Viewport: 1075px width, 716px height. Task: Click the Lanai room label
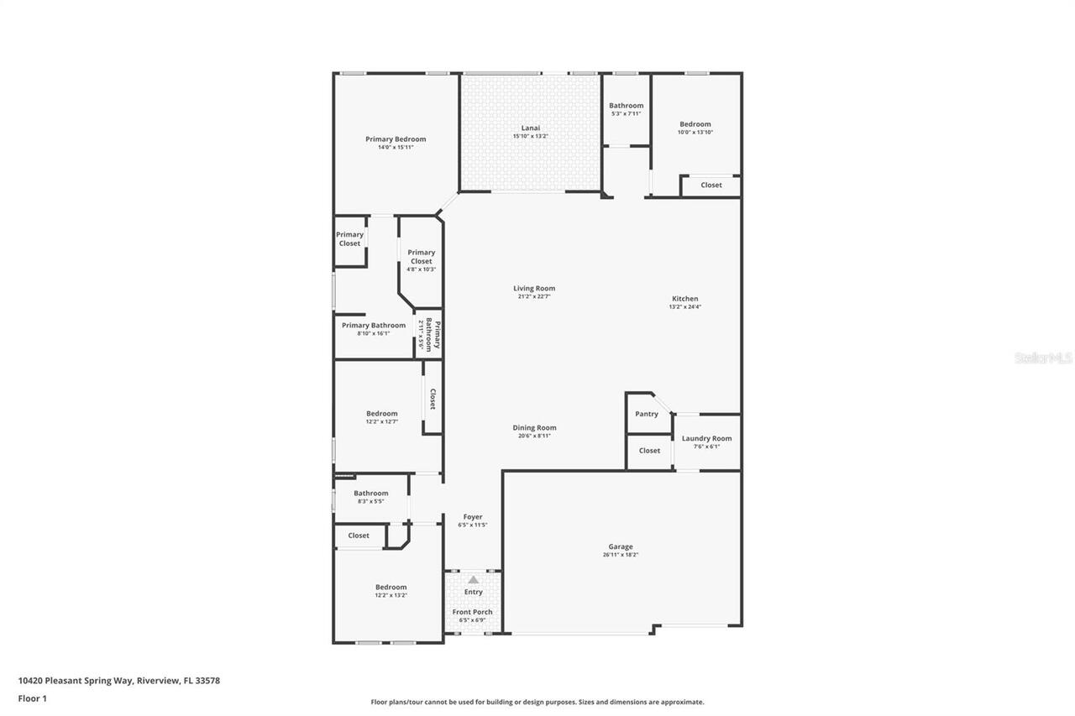[530, 128]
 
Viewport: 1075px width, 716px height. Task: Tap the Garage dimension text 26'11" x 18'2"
[621, 555]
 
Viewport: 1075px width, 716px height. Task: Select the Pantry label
[647, 414]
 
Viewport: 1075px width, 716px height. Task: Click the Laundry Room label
[706, 438]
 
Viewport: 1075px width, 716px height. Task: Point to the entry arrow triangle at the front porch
[474, 580]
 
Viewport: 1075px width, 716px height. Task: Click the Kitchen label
[684, 299]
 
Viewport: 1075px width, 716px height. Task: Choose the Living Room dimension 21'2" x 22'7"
[534, 297]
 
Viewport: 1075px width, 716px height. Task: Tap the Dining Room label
[534, 427]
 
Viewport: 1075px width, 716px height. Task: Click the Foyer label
[473, 517]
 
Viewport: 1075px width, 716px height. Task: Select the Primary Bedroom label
[396, 139]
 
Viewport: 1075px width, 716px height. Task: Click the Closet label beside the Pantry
[649, 451]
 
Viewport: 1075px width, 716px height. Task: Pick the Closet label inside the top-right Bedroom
[711, 185]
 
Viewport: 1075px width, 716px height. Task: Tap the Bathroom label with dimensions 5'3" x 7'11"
[626, 106]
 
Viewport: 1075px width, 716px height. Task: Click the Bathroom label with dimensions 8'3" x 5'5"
[370, 494]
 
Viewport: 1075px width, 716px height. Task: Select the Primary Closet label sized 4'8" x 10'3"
[421, 257]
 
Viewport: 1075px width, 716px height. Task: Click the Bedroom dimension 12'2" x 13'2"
[391, 595]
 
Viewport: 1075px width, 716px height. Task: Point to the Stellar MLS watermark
[1043, 358]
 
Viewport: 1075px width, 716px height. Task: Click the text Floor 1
[32, 698]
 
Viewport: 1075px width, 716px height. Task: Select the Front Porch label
[473, 612]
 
